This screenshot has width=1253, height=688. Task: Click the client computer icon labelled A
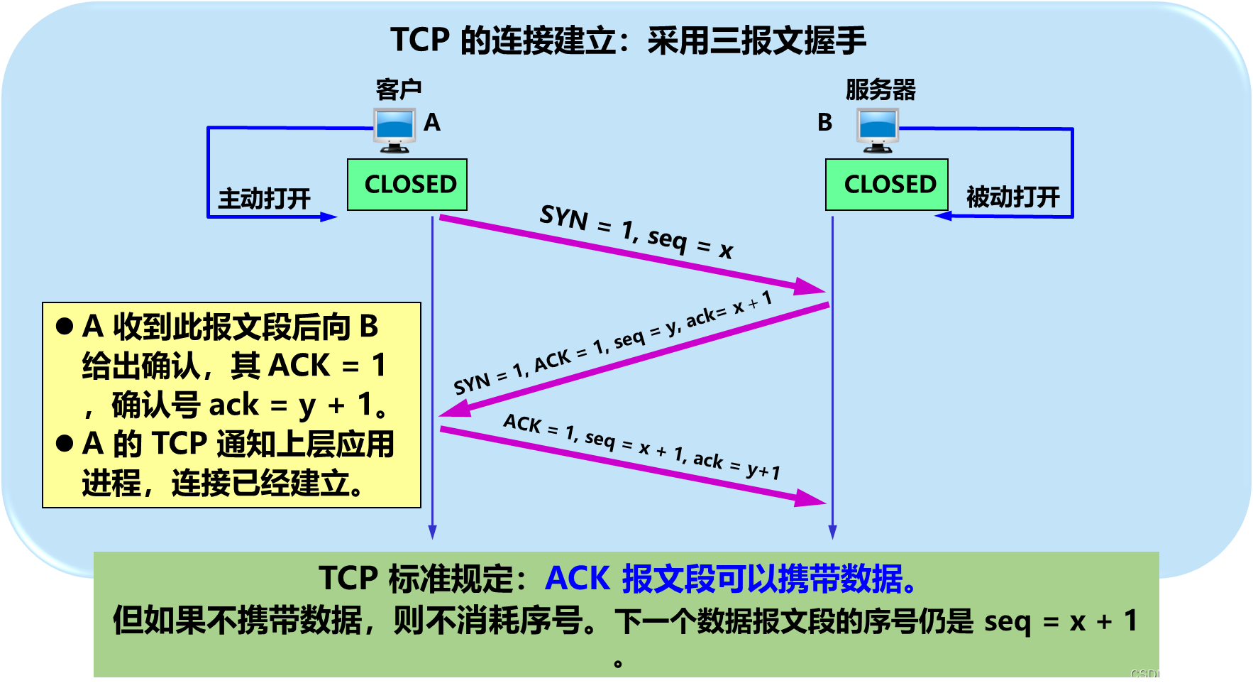click(x=394, y=130)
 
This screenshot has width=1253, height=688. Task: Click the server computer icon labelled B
click(x=878, y=130)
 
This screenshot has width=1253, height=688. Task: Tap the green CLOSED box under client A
click(x=407, y=185)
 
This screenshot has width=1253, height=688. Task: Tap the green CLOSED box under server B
click(x=887, y=185)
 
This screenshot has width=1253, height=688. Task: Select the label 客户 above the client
click(x=399, y=90)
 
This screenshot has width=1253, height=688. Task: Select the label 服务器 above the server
click(x=881, y=90)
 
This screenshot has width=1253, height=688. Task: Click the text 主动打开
click(x=265, y=198)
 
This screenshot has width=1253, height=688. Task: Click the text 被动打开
click(x=1012, y=197)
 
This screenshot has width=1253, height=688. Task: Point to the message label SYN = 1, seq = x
click(x=636, y=231)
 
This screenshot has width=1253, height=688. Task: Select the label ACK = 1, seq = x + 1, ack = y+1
click(x=641, y=447)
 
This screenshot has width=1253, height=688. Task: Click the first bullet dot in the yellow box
click(x=65, y=327)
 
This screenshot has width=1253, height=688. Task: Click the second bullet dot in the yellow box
click(x=65, y=444)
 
